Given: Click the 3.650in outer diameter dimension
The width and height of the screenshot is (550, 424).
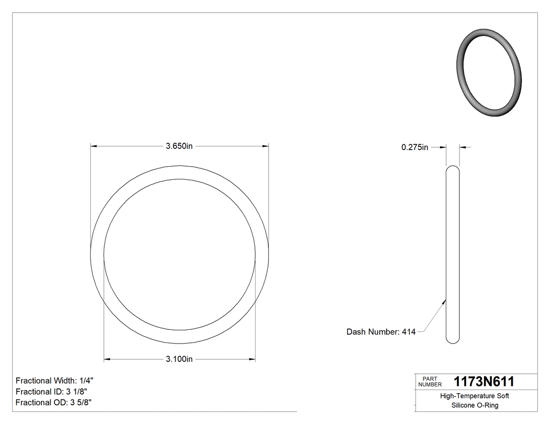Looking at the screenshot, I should click(x=179, y=147).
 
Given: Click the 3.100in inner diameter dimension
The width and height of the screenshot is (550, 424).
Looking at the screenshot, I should click(x=179, y=359).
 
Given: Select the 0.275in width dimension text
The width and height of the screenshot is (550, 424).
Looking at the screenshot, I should click(x=415, y=147).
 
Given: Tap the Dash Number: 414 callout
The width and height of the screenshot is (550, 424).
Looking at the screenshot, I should click(x=381, y=331).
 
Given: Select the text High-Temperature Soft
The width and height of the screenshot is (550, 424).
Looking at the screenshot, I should click(x=474, y=396).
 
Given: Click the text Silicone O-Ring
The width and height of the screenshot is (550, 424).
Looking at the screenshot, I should click(x=474, y=405).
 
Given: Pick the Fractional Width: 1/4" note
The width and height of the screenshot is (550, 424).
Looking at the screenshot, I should click(x=54, y=381).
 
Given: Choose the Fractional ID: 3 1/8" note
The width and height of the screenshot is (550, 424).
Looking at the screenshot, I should click(x=51, y=392).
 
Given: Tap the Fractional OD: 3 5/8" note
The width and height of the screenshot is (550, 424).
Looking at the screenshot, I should click(x=53, y=403).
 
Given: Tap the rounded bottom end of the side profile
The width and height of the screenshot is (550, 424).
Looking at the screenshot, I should click(x=453, y=341).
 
